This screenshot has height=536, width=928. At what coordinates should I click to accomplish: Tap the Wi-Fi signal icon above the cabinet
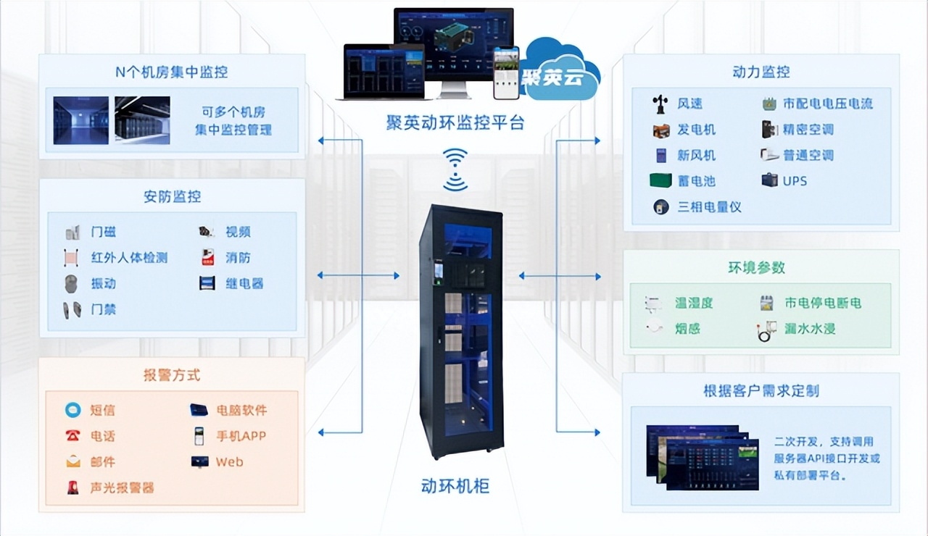tap(455, 169)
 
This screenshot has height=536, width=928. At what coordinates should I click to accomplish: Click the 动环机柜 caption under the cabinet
tap(455, 485)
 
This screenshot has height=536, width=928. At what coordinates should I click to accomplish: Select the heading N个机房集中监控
tap(171, 72)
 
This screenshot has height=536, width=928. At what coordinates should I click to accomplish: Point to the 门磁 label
tap(103, 232)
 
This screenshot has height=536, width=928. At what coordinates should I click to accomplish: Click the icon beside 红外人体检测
tap(72, 258)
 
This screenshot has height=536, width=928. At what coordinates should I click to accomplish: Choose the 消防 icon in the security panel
tap(207, 258)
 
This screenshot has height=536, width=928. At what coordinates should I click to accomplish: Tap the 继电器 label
tap(244, 283)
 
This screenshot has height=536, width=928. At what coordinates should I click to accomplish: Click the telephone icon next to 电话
tap(72, 436)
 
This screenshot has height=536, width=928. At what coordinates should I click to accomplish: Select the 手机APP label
tap(241, 436)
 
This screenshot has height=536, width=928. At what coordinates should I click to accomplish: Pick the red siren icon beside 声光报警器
tap(72, 487)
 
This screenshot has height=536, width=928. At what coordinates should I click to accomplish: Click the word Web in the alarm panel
tap(229, 461)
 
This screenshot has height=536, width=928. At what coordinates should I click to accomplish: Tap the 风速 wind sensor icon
tap(660, 104)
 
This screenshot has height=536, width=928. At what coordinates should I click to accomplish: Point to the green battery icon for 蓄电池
tap(660, 181)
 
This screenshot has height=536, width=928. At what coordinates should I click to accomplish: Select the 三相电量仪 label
tap(709, 207)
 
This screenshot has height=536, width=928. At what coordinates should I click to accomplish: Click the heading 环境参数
tap(756, 267)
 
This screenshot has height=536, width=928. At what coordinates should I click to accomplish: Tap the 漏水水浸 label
tap(810, 329)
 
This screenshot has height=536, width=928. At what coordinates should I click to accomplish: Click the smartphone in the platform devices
tap(507, 73)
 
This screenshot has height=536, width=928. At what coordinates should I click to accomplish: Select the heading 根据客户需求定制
tap(761, 390)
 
